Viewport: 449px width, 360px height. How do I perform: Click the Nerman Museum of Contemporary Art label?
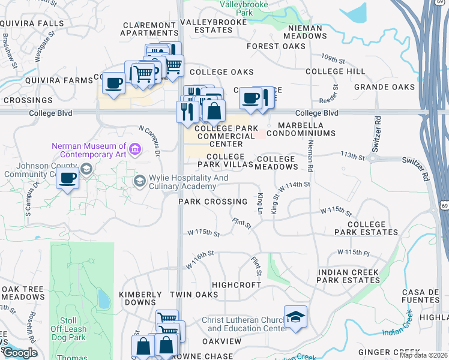(x=89, y=150)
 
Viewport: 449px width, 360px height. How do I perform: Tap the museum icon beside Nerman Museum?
(x=134, y=149)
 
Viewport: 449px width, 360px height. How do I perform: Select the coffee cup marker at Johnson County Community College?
(x=68, y=178)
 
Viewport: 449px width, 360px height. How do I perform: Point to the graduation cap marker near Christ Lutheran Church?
(x=295, y=317)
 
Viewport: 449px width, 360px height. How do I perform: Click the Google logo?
(x=20, y=353)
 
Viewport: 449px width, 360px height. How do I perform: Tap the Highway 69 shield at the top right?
(x=444, y=3)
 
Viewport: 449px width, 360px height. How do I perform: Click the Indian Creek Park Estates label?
(x=348, y=276)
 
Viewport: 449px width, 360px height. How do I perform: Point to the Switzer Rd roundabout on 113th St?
(x=373, y=158)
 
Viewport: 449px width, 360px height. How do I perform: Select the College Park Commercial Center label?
(x=226, y=136)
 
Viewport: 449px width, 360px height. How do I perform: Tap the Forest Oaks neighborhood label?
(x=276, y=46)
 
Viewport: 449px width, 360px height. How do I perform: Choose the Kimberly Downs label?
(x=140, y=299)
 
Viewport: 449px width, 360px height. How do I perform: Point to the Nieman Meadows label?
(x=307, y=32)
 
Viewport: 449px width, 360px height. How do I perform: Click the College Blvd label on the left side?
(x=50, y=112)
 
